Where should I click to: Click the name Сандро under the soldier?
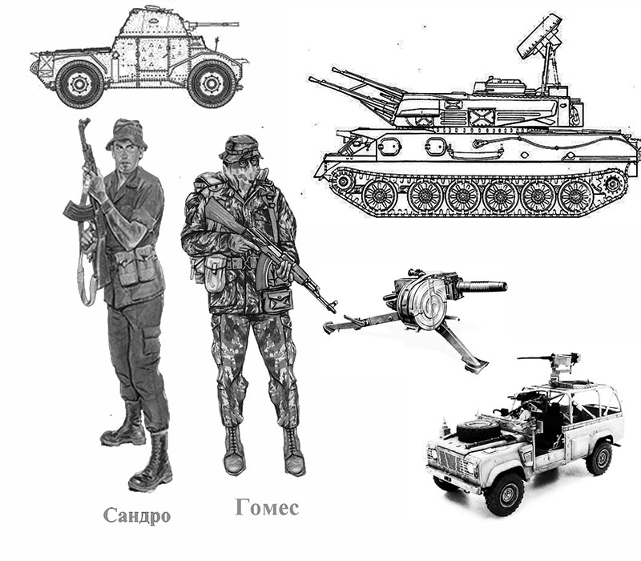tap(136, 515)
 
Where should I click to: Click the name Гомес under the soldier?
tap(267, 507)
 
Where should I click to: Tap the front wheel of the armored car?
tap(212, 84)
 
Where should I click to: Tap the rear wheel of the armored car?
tap(79, 85)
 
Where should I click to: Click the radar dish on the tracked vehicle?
tap(539, 35)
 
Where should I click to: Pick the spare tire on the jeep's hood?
tap(478, 430)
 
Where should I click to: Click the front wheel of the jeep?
tap(504, 494)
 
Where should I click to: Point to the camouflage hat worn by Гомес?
tap(241, 148)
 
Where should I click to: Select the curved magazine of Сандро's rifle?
tap(75, 210)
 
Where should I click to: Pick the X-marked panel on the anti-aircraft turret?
tap(482, 117)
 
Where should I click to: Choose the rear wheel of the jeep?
tap(598, 458)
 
